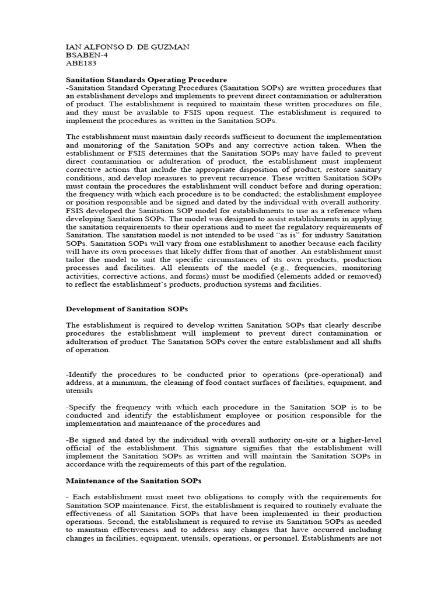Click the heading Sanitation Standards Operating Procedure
pyautogui.click(x=146, y=79)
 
